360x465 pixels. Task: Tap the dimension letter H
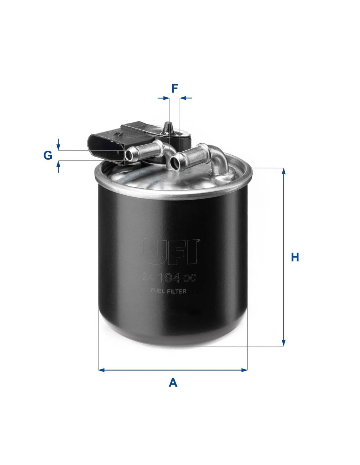(x=295, y=257)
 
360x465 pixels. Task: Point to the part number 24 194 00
(x=169, y=278)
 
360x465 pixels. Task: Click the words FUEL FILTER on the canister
(x=168, y=291)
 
